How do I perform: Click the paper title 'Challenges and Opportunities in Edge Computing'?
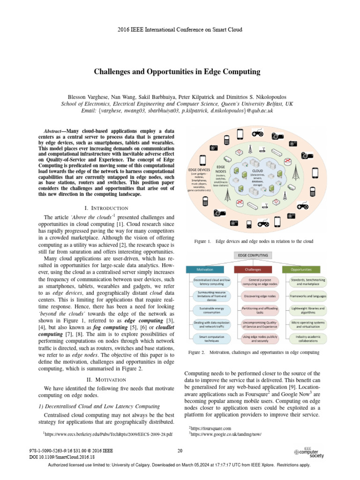pyautogui.click(x=180, y=72)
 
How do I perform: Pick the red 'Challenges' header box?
pyautogui.click(x=253, y=270)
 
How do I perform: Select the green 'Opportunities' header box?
pyautogui.click(x=301, y=270)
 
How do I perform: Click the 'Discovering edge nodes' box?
pyautogui.click(x=259, y=296)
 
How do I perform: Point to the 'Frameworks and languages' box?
pyautogui.click(x=308, y=296)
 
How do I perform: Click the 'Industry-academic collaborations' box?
pyautogui.click(x=308, y=338)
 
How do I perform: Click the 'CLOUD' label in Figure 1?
pyautogui.click(x=257, y=171)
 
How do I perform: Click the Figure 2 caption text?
pyautogui.click(x=254, y=352)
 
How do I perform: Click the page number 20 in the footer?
pyautogui.click(x=180, y=451)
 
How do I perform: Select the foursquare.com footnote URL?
pyautogui.click(x=210, y=428)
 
